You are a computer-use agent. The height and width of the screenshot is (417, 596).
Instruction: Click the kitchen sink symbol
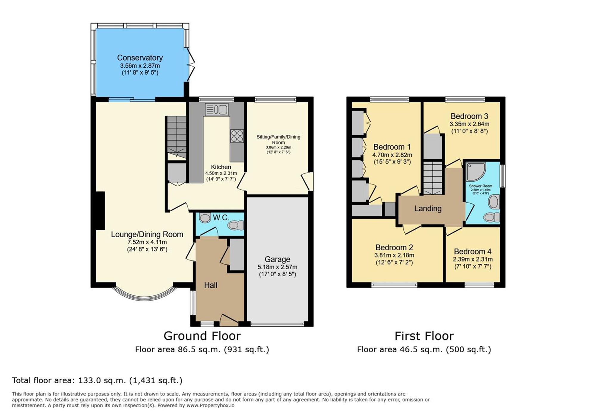click(x=217, y=109)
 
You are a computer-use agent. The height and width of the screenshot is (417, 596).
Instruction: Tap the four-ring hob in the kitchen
click(x=237, y=136)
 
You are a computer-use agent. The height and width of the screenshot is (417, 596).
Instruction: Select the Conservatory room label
click(x=140, y=58)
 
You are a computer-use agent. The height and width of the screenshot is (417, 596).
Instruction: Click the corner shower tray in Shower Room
click(x=476, y=171)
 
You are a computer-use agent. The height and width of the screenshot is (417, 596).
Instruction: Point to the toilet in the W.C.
click(x=236, y=225)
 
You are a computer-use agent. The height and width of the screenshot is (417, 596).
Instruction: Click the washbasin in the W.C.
click(x=205, y=218)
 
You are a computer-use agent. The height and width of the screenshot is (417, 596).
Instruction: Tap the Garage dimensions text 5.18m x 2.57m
click(x=277, y=267)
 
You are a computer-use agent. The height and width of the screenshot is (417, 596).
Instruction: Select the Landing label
click(x=428, y=208)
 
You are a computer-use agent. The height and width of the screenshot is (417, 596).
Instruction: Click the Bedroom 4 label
click(x=472, y=252)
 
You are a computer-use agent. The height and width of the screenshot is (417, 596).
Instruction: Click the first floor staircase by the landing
click(x=433, y=178)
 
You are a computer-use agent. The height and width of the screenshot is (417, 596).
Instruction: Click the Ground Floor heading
click(x=202, y=336)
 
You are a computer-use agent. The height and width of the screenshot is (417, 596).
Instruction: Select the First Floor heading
click(x=424, y=336)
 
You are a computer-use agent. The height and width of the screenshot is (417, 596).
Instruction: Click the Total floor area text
click(x=97, y=380)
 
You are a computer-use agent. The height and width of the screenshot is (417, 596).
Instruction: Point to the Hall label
click(x=210, y=285)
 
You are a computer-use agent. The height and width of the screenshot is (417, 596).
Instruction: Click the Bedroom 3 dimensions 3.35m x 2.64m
click(x=469, y=124)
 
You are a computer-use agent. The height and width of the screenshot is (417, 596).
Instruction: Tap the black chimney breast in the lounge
click(x=100, y=210)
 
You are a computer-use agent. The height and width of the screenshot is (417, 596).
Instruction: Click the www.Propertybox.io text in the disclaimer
click(x=210, y=406)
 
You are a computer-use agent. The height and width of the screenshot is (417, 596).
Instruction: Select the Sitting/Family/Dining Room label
click(x=278, y=139)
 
